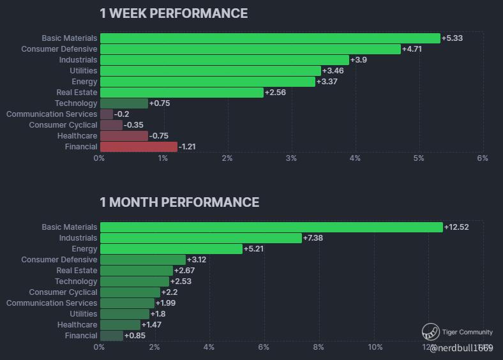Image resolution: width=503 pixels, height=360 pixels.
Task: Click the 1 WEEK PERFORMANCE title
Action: (x=174, y=13)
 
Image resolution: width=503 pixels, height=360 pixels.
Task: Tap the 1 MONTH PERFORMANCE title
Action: (x=179, y=202)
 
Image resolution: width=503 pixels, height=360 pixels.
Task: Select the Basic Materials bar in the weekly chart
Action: (x=270, y=38)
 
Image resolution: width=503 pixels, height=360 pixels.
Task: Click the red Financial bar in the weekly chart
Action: (x=139, y=147)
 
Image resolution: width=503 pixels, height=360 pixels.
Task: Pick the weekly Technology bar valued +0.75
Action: (x=124, y=103)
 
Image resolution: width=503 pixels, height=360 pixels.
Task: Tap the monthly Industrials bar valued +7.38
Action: (x=200, y=238)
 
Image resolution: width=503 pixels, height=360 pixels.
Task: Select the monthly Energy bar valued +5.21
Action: (x=171, y=249)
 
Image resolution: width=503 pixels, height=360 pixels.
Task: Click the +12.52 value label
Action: (x=457, y=227)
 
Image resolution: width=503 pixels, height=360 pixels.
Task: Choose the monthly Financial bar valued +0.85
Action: (x=111, y=336)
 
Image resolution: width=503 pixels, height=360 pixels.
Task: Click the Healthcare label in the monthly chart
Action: (x=77, y=325)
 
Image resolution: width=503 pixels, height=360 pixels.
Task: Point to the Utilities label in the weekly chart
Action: (x=84, y=71)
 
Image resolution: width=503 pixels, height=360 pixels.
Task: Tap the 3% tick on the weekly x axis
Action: (x=291, y=158)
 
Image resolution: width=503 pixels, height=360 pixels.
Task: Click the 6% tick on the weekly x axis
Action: (x=483, y=158)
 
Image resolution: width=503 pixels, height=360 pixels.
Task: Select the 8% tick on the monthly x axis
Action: (x=319, y=347)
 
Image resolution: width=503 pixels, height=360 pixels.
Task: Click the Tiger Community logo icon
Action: (x=431, y=332)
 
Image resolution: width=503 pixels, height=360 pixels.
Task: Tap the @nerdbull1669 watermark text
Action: (x=462, y=348)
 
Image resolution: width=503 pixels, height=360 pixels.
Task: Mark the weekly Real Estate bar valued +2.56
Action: (x=181, y=93)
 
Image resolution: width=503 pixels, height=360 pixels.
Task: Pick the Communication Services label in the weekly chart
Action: (x=52, y=114)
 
